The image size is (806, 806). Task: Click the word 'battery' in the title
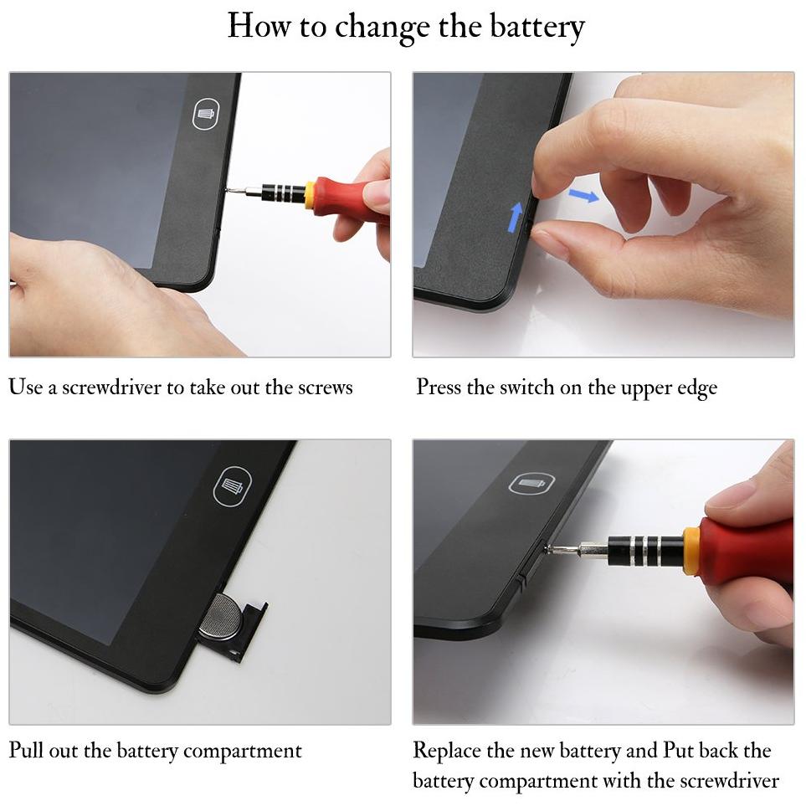tap(536, 27)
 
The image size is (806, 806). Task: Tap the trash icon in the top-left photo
tap(206, 114)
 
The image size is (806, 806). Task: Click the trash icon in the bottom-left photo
tap(233, 485)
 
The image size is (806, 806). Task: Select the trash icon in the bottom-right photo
tap(532, 484)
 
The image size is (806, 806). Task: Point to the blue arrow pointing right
tap(584, 195)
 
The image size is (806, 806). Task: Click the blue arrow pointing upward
tap(516, 217)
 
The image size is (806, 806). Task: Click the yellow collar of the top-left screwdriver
tap(310, 194)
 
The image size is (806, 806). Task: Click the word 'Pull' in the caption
tap(26, 750)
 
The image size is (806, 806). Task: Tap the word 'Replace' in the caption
tap(447, 751)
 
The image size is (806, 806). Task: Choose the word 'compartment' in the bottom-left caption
tap(242, 752)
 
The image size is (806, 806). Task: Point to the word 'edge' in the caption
tap(697, 389)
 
